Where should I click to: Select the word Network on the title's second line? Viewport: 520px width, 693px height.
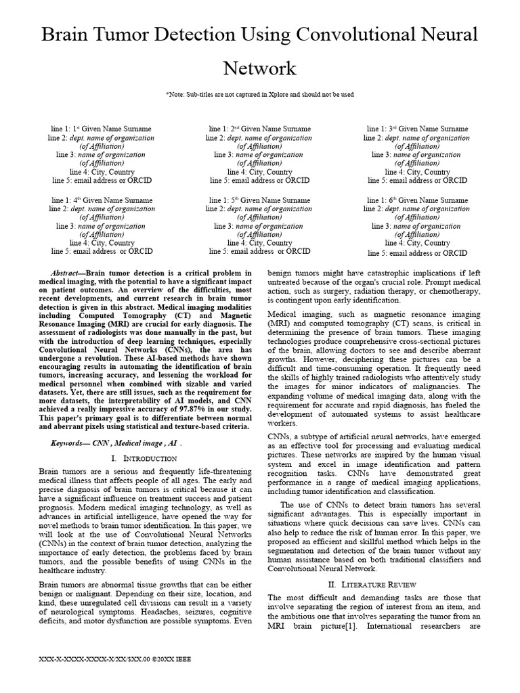pyautogui.click(x=259, y=68)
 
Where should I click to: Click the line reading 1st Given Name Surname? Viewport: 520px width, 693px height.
pyautogui.click(x=102, y=129)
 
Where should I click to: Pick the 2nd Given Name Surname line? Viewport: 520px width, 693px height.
pyautogui.click(x=259, y=129)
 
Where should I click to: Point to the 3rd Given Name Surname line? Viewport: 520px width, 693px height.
pyautogui.click(x=417, y=129)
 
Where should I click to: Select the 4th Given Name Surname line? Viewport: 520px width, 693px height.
pyautogui.click(x=102, y=200)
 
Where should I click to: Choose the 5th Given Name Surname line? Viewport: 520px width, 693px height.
pyautogui.click(x=259, y=200)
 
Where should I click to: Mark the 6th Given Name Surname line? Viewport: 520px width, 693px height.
pyautogui.click(x=417, y=200)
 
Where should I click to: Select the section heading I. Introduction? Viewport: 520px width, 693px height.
pyautogui.click(x=144, y=459)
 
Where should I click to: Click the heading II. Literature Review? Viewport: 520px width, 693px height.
pyautogui.click(x=373, y=584)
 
